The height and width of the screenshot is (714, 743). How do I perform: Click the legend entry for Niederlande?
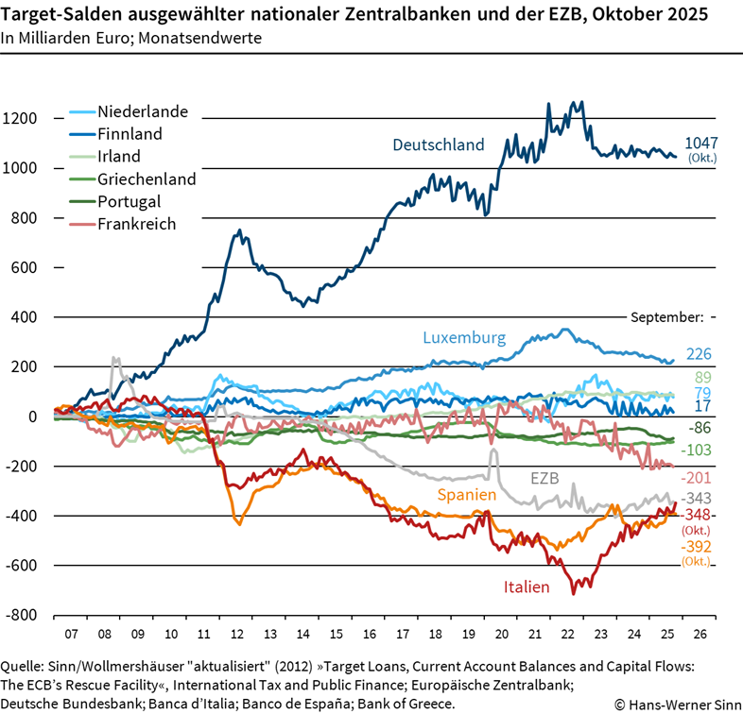(x=142, y=111)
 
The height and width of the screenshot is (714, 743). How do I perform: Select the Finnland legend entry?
(x=130, y=134)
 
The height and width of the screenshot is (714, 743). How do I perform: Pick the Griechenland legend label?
(x=146, y=178)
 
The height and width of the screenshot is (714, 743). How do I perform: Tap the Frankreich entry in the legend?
(x=136, y=224)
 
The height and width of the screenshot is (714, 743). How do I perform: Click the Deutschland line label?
(x=438, y=144)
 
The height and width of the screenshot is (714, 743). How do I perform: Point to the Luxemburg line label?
(x=464, y=337)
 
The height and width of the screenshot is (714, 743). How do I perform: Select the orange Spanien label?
(x=467, y=494)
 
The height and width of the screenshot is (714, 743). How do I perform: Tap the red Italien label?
(x=526, y=586)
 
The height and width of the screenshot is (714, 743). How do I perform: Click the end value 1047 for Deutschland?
(x=700, y=144)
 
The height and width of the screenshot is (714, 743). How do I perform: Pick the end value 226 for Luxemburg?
(x=699, y=355)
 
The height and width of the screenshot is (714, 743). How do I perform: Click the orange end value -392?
(x=696, y=547)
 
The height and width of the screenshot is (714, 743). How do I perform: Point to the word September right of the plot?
(x=665, y=317)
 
